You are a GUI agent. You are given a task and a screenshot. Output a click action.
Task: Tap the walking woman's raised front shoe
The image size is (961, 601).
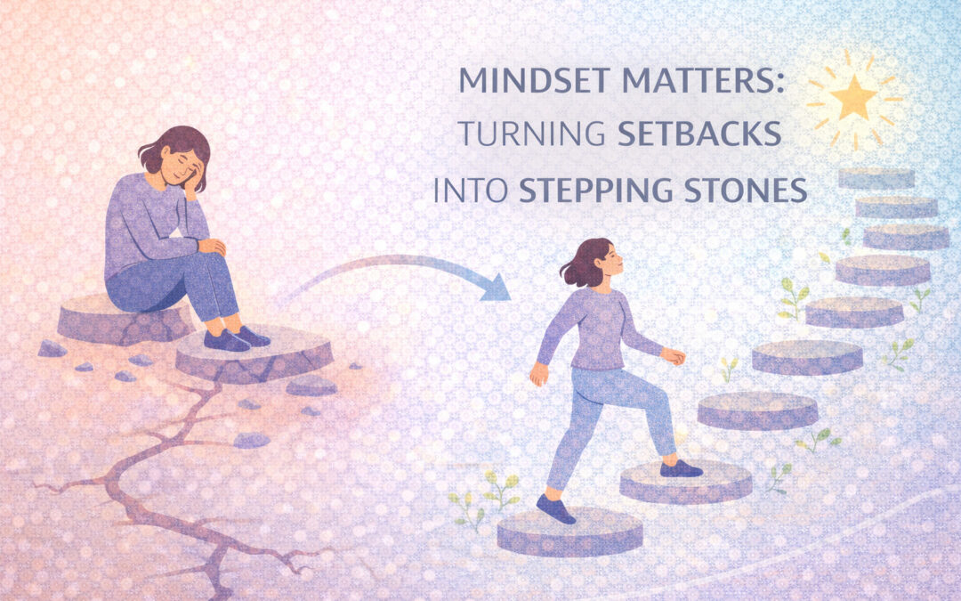click(x=681, y=468)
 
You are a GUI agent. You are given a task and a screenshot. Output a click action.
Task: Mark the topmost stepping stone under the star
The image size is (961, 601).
click(x=876, y=177)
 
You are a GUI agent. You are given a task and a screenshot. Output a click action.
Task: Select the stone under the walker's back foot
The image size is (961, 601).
click(x=569, y=532)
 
